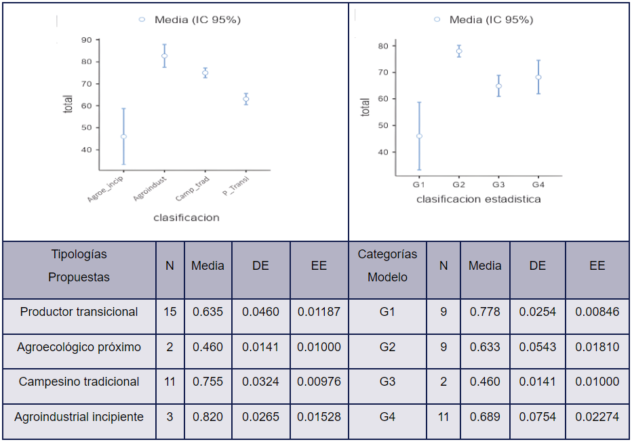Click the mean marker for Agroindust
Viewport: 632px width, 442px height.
click(164, 56)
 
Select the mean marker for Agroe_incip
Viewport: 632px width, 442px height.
click(123, 137)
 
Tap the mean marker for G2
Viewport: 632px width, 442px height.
click(459, 52)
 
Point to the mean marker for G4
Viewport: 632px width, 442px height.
click(538, 77)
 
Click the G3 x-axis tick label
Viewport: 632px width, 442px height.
click(498, 184)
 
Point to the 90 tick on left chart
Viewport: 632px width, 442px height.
click(87, 40)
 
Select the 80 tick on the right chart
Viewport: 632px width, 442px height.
click(382, 46)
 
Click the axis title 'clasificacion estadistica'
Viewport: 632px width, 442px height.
click(478, 199)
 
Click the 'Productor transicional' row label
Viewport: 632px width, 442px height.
click(79, 312)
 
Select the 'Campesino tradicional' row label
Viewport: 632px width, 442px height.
click(79, 382)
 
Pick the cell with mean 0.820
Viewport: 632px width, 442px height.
click(208, 417)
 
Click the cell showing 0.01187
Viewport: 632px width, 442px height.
click(319, 312)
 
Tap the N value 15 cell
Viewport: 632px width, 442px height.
click(170, 312)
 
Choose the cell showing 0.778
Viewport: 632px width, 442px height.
click(485, 312)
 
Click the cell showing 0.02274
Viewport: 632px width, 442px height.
click(597, 417)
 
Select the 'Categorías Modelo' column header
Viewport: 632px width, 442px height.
click(387, 266)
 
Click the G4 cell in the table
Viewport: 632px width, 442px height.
click(387, 417)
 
